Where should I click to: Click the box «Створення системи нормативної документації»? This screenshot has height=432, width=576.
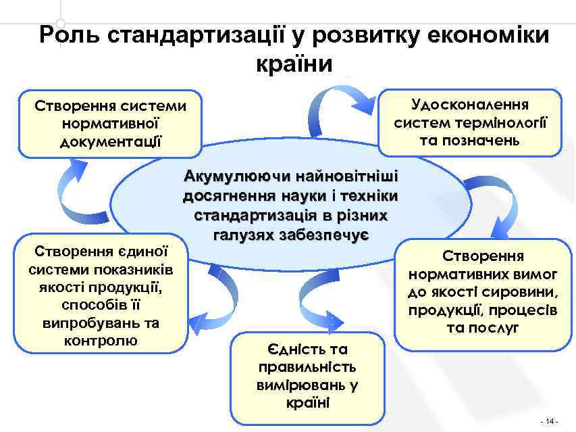111,124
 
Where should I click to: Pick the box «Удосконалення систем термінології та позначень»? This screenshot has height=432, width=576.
470,122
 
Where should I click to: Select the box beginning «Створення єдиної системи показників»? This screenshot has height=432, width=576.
101,293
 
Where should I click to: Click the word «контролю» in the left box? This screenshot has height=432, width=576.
100,340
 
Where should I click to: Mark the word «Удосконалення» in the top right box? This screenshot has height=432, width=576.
470,105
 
